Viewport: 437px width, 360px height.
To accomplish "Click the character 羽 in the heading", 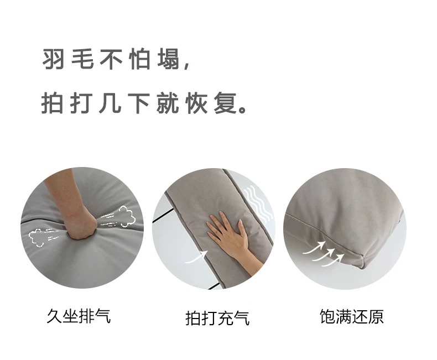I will tap(53, 60).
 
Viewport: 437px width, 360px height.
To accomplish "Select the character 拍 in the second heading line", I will tap(53, 103).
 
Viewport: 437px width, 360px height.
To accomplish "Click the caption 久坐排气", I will tap(78, 316).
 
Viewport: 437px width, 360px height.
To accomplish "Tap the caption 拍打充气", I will tap(217, 318).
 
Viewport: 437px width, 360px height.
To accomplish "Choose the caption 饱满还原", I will tap(351, 316).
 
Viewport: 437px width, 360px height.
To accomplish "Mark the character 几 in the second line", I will tap(110, 103).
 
